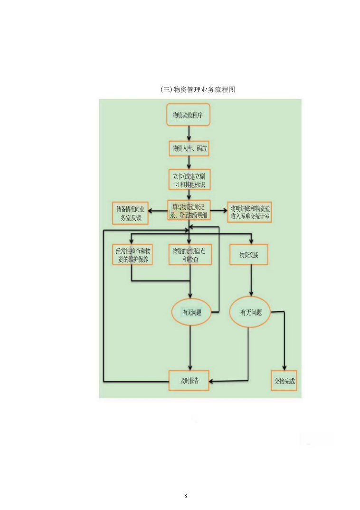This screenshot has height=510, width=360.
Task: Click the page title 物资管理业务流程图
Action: (198, 89)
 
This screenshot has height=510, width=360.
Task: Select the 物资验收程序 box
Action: (189, 115)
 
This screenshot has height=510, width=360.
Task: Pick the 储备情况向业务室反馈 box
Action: (130, 213)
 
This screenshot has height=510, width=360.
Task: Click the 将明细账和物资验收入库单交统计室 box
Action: (251, 212)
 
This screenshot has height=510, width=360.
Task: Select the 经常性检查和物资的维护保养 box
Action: (132, 255)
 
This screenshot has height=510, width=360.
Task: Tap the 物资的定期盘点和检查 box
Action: (189, 255)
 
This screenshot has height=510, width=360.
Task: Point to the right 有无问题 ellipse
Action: (249, 312)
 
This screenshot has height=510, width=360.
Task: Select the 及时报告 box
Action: (189, 381)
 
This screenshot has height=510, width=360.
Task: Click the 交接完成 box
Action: (284, 381)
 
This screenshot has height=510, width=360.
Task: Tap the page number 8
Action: (186, 496)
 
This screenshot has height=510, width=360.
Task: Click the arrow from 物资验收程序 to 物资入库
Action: (189, 133)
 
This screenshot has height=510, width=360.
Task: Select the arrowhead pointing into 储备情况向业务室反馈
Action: (153, 209)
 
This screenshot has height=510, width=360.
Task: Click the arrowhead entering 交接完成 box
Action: (284, 368)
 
